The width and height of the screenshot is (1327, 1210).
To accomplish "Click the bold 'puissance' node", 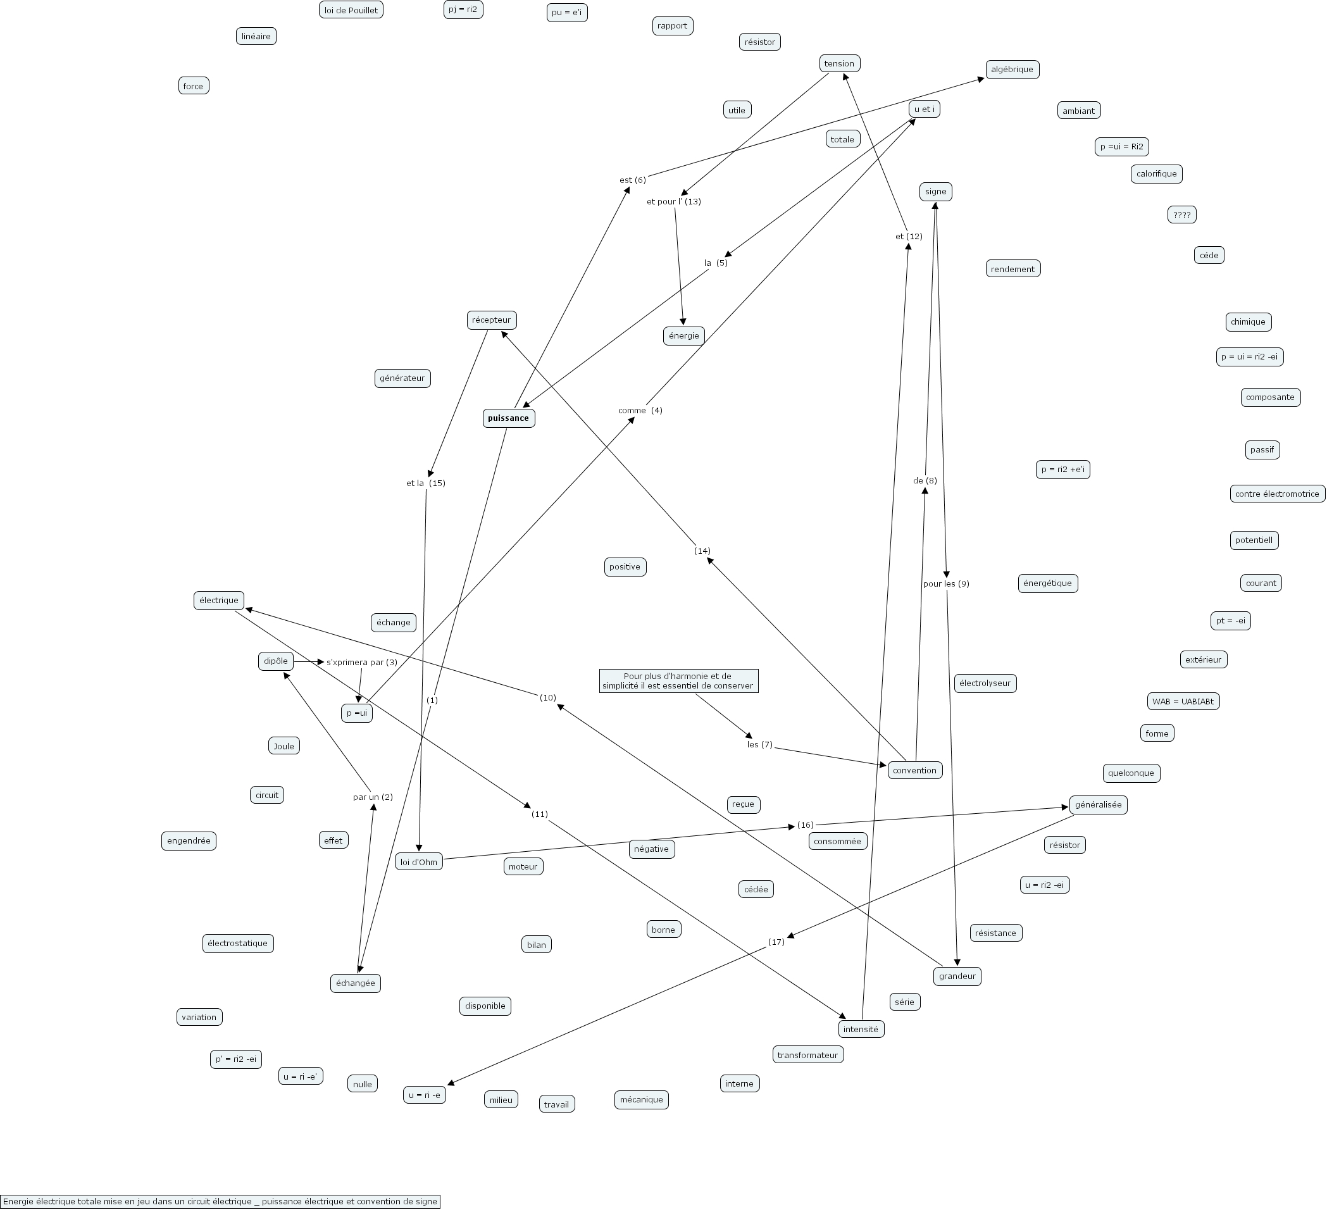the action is pyautogui.click(x=508, y=418).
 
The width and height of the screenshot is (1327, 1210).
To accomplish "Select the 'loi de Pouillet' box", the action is pyautogui.click(x=351, y=10).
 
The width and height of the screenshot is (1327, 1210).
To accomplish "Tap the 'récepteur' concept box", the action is pyautogui.click(x=491, y=320).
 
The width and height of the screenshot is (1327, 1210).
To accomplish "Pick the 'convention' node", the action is pyautogui.click(x=914, y=770).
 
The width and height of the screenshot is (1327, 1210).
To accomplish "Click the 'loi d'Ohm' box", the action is pyautogui.click(x=419, y=862).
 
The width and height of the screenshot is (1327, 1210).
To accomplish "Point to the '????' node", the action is pyautogui.click(x=1181, y=215).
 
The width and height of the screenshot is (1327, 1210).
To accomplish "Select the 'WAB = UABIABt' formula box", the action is pyautogui.click(x=1183, y=701).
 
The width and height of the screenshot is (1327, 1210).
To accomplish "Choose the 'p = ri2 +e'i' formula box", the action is pyautogui.click(x=1062, y=470).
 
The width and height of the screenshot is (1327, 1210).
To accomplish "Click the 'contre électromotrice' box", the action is pyautogui.click(x=1276, y=494).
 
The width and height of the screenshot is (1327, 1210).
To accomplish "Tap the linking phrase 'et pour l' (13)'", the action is pyautogui.click(x=673, y=201).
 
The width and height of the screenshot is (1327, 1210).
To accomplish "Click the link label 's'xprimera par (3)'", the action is pyautogui.click(x=361, y=663).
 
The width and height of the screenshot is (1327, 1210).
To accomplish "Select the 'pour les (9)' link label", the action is pyautogui.click(x=946, y=584).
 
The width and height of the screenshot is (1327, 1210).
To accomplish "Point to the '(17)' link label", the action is pyautogui.click(x=776, y=942).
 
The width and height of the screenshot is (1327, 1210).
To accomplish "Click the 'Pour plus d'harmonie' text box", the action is pyautogui.click(x=678, y=681).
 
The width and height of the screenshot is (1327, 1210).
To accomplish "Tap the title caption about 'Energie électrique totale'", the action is pyautogui.click(x=220, y=1201).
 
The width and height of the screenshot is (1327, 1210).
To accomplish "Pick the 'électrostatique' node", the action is pyautogui.click(x=238, y=944).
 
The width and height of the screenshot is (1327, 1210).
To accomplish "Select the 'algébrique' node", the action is pyautogui.click(x=1012, y=69).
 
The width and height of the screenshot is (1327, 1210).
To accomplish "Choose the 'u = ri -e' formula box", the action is pyautogui.click(x=425, y=1095).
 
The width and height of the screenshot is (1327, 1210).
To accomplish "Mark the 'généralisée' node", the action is pyautogui.click(x=1098, y=804).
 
